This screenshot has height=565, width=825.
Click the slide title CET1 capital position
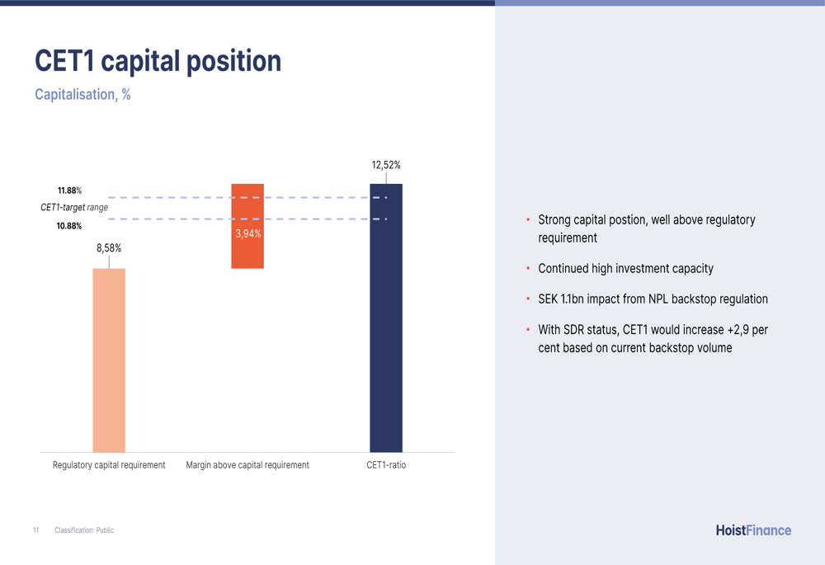[x=158, y=62]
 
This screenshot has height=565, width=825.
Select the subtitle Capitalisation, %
[x=82, y=95]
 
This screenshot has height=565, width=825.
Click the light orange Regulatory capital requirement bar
[x=109, y=360]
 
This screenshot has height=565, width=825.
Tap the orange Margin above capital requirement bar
[x=247, y=226]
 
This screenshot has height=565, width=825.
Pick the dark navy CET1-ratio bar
[x=386, y=318]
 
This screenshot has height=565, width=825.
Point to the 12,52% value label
[x=386, y=165]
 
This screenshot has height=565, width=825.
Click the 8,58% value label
[x=109, y=248]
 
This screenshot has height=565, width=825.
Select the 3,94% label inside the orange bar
[x=247, y=233]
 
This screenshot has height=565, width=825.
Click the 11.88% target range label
[x=69, y=191]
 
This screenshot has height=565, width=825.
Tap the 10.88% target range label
[x=69, y=226]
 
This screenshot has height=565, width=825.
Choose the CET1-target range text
[x=74, y=207]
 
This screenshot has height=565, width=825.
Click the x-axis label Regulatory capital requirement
[x=109, y=465]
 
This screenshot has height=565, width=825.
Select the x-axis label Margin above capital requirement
[x=247, y=465]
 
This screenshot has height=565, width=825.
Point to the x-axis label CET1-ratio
[x=386, y=465]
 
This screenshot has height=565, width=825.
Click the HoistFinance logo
[x=753, y=530]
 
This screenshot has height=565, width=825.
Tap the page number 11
[x=35, y=530]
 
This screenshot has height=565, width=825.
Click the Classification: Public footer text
[x=84, y=530]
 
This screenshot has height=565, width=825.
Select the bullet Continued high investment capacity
[x=625, y=269]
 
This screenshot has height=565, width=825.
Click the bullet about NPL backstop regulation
[x=653, y=299]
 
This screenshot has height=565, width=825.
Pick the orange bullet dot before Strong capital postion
[x=528, y=220]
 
